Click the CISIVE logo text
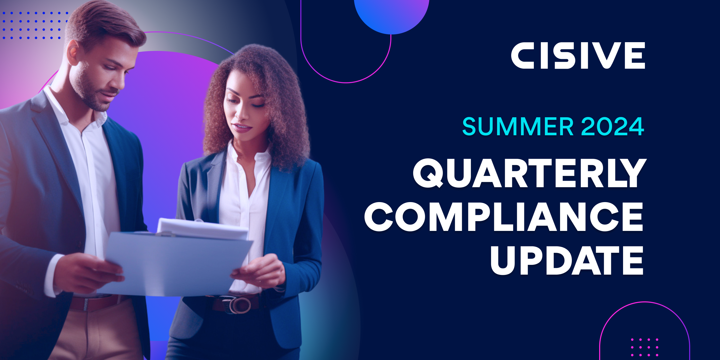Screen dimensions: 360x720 click(x=578, y=55)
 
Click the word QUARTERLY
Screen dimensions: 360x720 click(x=529, y=173)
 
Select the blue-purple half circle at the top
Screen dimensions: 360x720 click(x=391, y=15)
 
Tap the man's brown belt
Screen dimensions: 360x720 click(x=95, y=303)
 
